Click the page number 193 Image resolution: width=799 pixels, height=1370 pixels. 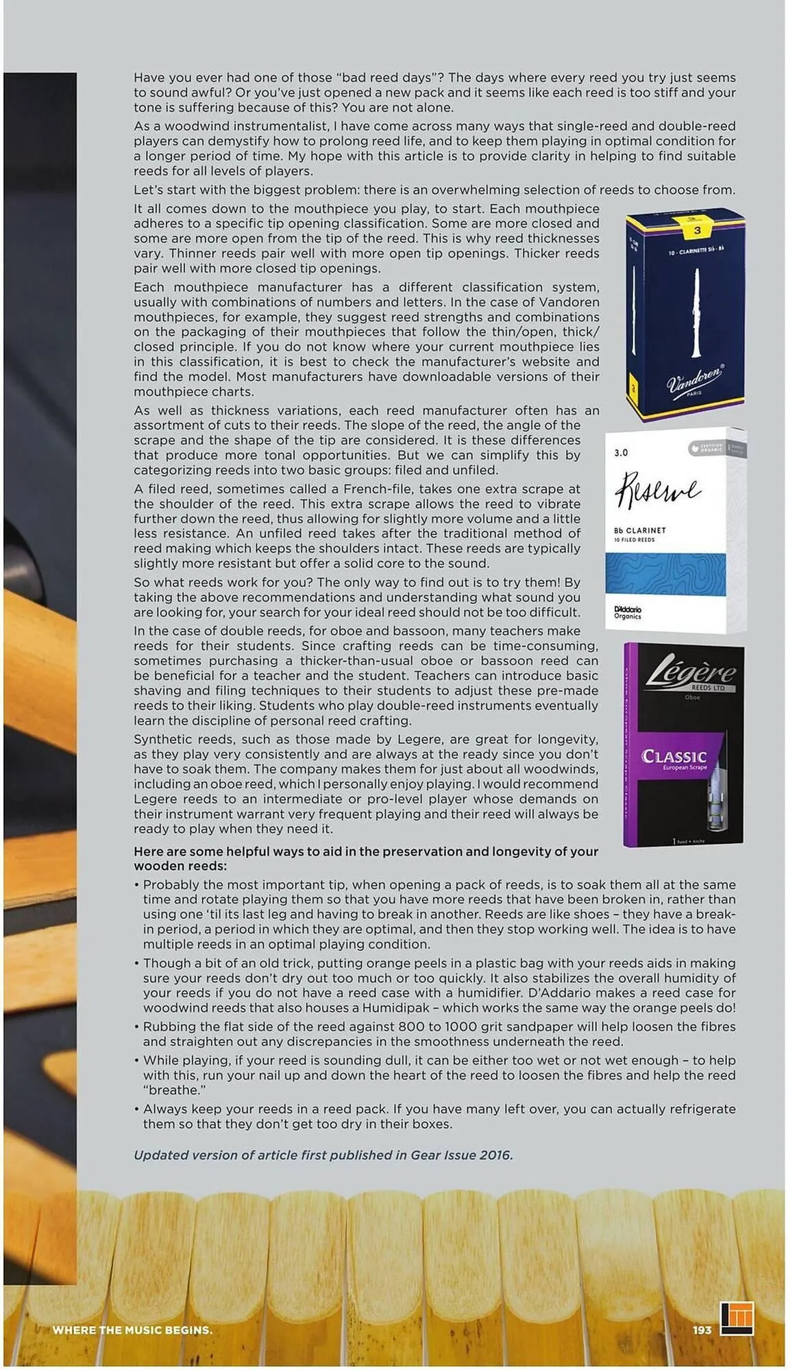pyautogui.click(x=702, y=1330)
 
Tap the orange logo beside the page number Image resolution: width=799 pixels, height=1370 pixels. pyautogui.click(x=737, y=1318)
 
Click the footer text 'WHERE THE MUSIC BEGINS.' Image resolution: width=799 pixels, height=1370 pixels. pyautogui.click(x=132, y=1330)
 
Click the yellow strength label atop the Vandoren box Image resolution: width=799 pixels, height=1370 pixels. pyautogui.click(x=697, y=229)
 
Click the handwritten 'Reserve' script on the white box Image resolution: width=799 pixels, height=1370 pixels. pyautogui.click(x=657, y=490)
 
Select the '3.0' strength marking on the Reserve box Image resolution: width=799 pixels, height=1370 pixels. pyautogui.click(x=621, y=453)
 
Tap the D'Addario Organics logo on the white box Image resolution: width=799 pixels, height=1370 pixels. pyautogui.click(x=628, y=612)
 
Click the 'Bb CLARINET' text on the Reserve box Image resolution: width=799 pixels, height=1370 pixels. pyautogui.click(x=639, y=530)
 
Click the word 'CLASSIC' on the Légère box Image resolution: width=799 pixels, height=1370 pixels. pyautogui.click(x=674, y=756)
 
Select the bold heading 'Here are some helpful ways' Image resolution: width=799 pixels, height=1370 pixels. pyautogui.click(x=365, y=851)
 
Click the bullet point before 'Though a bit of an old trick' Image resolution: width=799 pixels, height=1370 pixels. pyautogui.click(x=137, y=964)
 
